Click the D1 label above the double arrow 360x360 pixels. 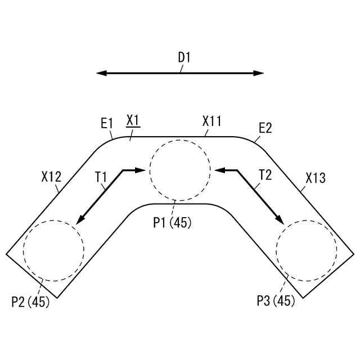(x=184, y=57)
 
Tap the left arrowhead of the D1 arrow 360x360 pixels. (x=101, y=73)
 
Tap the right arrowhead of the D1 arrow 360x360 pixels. (x=258, y=73)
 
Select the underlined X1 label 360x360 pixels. (x=133, y=120)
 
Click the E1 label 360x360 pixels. (x=107, y=124)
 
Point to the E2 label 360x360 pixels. (x=265, y=128)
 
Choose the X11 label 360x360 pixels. (x=211, y=121)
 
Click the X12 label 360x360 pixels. (x=51, y=177)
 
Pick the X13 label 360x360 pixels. (x=316, y=178)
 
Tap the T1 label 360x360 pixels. (x=101, y=177)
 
